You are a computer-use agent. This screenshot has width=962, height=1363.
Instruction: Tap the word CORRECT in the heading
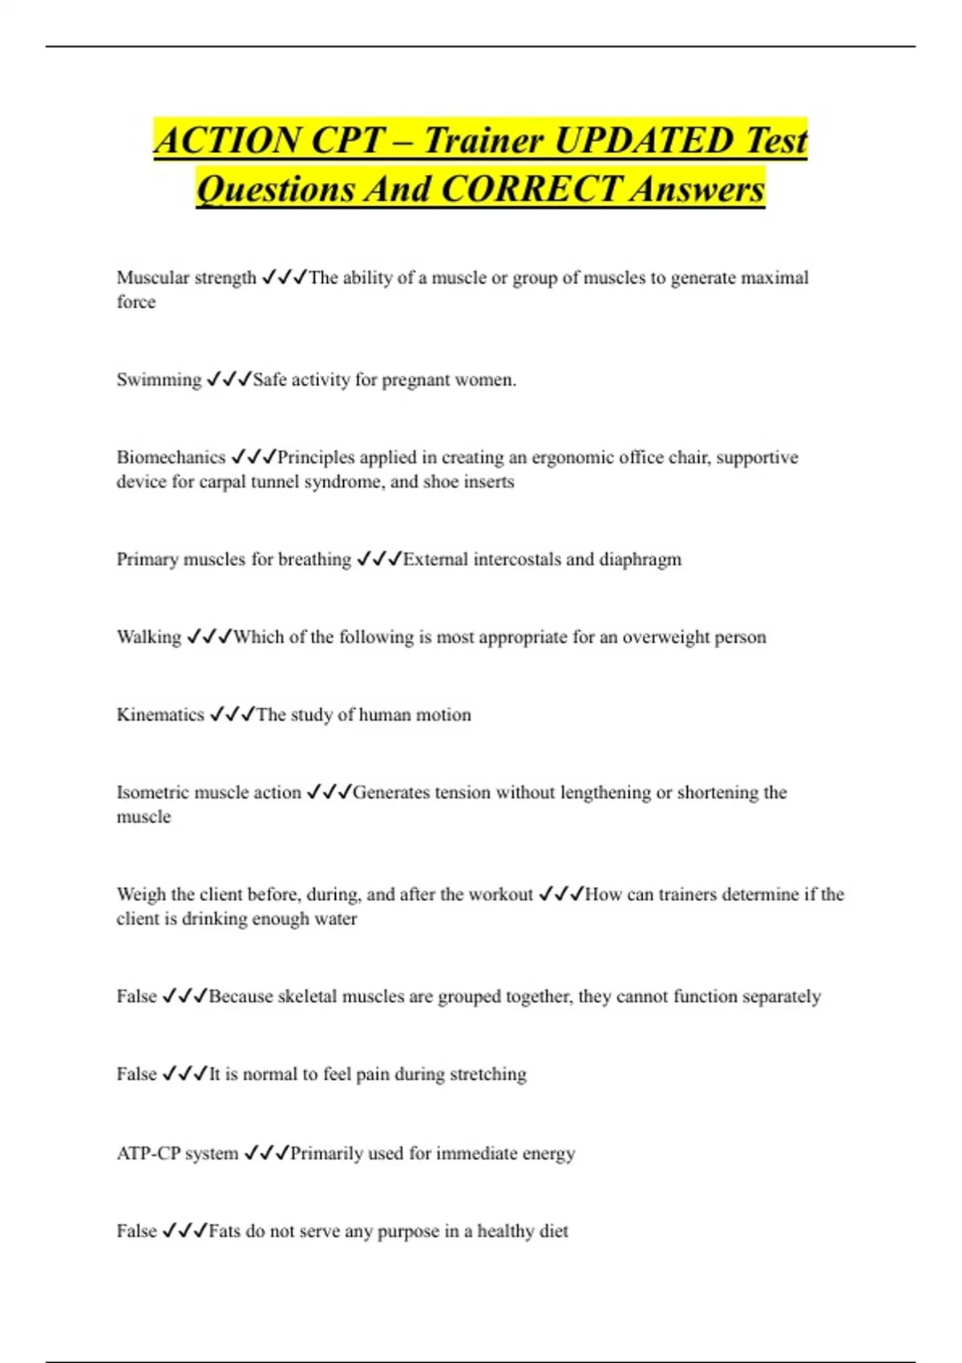point(531,189)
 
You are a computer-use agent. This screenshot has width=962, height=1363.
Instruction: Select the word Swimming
point(159,379)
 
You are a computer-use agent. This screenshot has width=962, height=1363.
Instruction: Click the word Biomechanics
point(171,457)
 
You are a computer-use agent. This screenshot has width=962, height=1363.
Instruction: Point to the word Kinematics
point(160,714)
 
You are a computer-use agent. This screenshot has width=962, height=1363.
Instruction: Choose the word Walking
point(149,637)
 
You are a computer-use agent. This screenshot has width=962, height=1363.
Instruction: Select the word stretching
point(487,1074)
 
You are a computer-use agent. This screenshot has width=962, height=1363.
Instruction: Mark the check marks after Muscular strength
point(285,277)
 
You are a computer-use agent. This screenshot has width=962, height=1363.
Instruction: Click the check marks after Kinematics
point(232,714)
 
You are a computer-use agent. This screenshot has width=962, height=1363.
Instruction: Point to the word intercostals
point(517,559)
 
